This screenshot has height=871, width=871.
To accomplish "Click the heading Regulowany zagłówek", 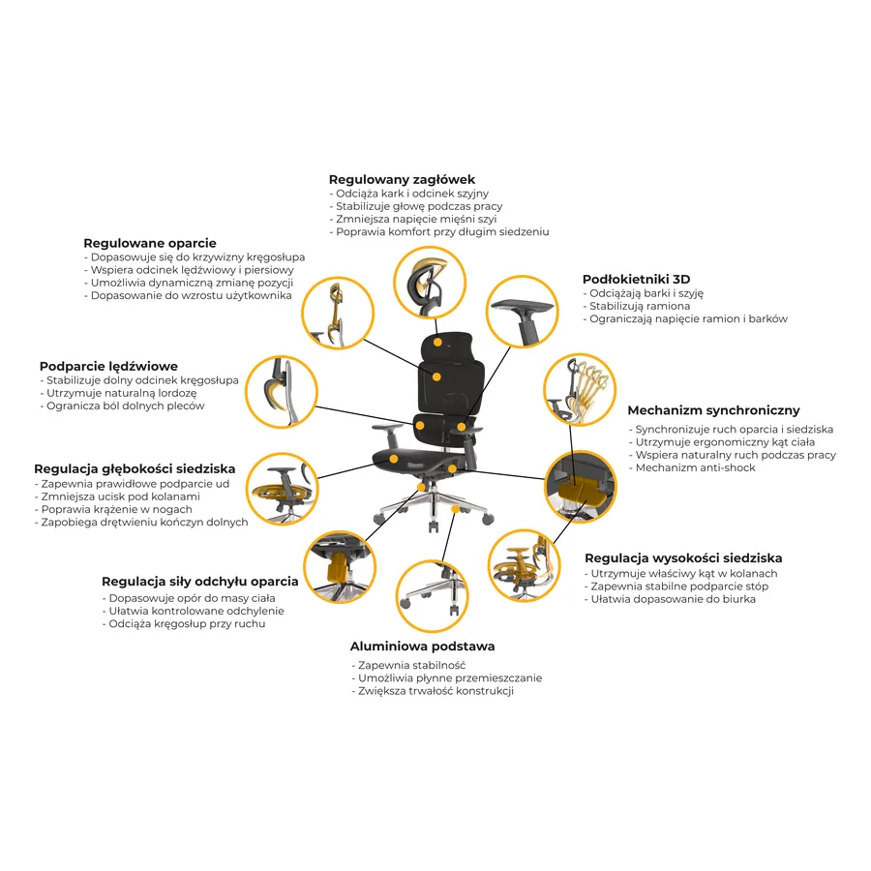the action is (402, 179).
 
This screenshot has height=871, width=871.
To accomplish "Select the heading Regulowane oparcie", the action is (150, 243).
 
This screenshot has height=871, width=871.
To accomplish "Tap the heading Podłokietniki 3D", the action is (636, 279).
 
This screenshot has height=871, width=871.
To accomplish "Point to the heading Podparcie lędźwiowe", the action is (108, 366).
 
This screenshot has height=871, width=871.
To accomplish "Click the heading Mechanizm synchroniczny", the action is (714, 410).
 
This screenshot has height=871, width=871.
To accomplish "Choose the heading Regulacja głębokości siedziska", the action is (135, 468).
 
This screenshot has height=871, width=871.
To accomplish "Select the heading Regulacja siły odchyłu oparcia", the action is (200, 581).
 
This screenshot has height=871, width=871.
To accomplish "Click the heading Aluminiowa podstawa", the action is (422, 646).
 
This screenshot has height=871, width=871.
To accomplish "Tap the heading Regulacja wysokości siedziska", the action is (683, 557).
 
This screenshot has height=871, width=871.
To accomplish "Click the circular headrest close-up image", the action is (430, 283).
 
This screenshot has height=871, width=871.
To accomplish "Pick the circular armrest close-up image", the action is (522, 312).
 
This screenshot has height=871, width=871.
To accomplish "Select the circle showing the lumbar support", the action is (282, 392).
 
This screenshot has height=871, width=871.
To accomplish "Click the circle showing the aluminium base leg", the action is (433, 596).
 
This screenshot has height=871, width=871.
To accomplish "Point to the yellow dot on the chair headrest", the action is (437, 343).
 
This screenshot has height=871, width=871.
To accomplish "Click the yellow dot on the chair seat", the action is (393, 459).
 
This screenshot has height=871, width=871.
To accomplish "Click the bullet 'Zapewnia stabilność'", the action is (408, 665).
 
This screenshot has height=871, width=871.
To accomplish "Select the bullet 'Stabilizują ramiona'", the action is (637, 306).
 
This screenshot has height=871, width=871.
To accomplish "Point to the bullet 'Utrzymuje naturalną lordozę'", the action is (118, 393).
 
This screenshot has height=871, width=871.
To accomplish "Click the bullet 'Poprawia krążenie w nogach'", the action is (113, 509).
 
